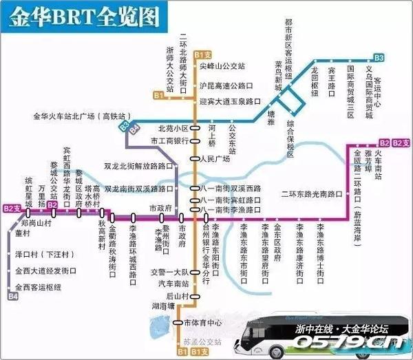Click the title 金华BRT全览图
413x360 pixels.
click(90, 15)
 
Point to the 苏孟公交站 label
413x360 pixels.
click(203, 341)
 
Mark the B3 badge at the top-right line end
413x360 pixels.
click(379, 58)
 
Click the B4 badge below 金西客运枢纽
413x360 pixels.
click(12, 297)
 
